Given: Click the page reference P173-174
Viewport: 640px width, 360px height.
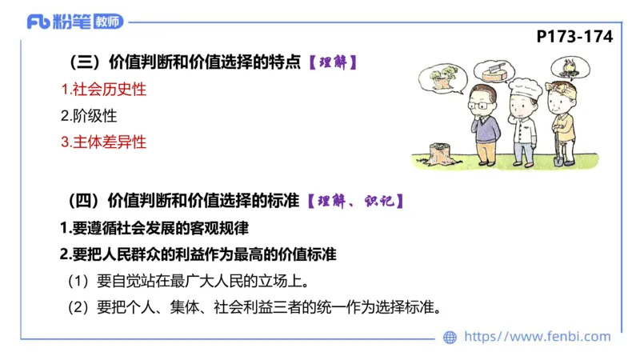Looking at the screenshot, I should (574, 37).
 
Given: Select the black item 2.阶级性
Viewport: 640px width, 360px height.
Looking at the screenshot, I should (89, 115).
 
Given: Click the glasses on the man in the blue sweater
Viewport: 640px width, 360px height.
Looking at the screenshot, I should (481, 102).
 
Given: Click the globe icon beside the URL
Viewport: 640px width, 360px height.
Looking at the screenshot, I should (450, 337).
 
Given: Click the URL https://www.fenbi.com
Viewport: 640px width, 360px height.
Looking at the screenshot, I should (537, 337).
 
